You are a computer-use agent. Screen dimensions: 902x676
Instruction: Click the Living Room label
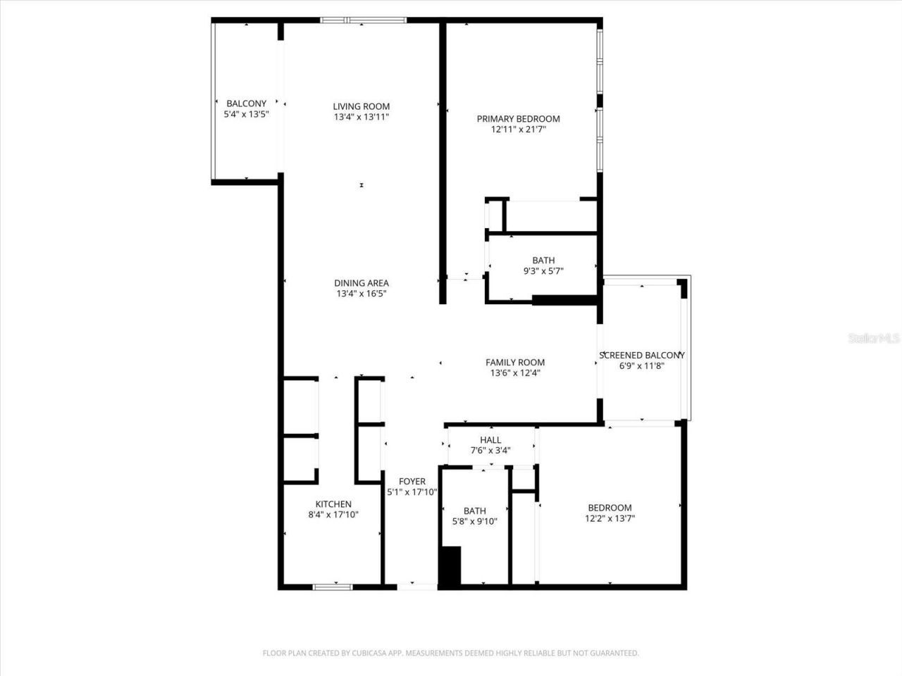click(362, 106)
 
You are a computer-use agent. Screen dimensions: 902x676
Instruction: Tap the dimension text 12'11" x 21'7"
click(518, 130)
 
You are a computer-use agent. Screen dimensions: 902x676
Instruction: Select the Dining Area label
click(362, 283)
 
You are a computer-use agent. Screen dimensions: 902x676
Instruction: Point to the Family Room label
click(514, 363)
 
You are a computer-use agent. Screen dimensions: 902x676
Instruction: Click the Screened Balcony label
click(641, 356)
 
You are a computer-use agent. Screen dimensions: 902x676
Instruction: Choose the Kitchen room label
click(333, 504)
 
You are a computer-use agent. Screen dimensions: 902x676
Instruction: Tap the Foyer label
click(412, 482)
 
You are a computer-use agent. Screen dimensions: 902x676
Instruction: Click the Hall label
click(490, 440)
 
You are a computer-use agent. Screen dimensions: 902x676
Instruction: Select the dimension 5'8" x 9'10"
click(474, 522)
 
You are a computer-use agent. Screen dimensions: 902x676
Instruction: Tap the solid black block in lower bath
click(450, 565)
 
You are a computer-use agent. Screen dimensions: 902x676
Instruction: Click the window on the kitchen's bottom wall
click(333, 586)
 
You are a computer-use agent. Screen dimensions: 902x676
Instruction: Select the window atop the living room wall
click(364, 20)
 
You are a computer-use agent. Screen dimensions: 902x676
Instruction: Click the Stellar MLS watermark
click(874, 339)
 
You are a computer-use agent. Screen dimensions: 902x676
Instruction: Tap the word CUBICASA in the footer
click(362, 653)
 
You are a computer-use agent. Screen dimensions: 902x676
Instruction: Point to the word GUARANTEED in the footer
click(614, 653)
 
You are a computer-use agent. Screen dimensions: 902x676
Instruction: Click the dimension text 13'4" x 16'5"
click(362, 294)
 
